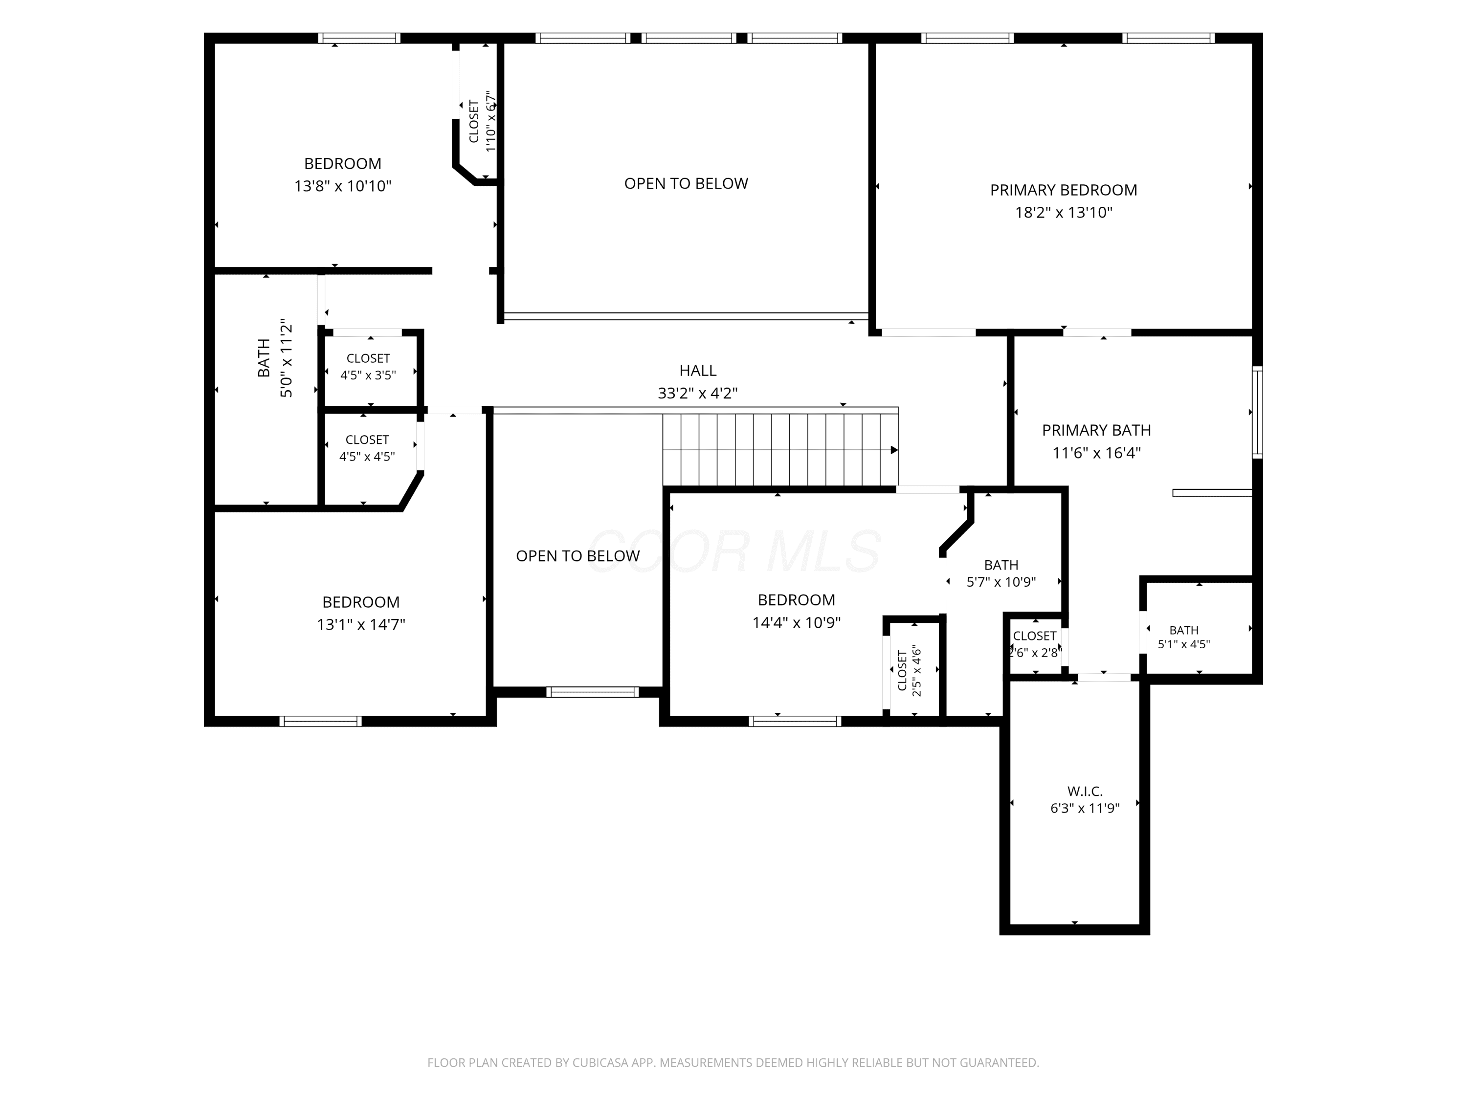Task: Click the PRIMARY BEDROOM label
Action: click(x=1063, y=190)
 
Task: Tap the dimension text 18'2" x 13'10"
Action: click(x=1063, y=213)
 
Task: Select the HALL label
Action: click(x=698, y=371)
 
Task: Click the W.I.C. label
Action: click(x=1085, y=792)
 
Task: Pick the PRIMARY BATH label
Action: click(x=1096, y=430)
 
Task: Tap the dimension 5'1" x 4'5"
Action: click(x=1184, y=644)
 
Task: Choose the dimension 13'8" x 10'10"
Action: click(x=343, y=186)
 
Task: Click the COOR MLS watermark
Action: click(x=734, y=550)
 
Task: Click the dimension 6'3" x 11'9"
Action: click(x=1085, y=808)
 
